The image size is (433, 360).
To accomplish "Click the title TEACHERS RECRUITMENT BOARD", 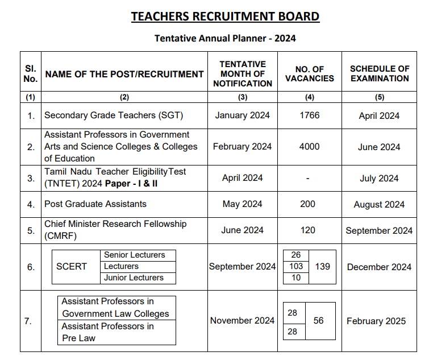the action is coord(225,16).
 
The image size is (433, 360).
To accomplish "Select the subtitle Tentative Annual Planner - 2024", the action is coord(225,39).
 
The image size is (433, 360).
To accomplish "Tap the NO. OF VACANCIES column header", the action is coord(309,74).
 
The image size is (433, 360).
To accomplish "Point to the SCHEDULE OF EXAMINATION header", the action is coord(380,74).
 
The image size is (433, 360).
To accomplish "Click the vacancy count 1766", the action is coord(309,115).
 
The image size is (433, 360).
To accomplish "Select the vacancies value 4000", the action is coord(309,147).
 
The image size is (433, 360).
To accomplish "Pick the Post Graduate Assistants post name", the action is coord(95,204).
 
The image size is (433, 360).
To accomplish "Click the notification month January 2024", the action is coord(243,115).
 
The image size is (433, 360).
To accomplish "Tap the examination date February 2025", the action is coord(376,321).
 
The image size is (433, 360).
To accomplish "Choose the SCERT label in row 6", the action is coord(72,266).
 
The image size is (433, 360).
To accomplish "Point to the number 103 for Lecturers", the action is coord(296,266).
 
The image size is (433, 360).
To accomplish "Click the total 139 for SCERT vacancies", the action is coord(322,266).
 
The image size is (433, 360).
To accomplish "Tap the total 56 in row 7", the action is coord(318,321).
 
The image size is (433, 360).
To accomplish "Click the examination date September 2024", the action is coord(379,231).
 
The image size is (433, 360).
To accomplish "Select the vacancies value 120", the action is coord(307,230).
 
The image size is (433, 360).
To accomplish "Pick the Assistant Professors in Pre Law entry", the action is coord(107,332).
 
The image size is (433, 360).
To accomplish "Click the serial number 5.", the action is coord(31,230).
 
